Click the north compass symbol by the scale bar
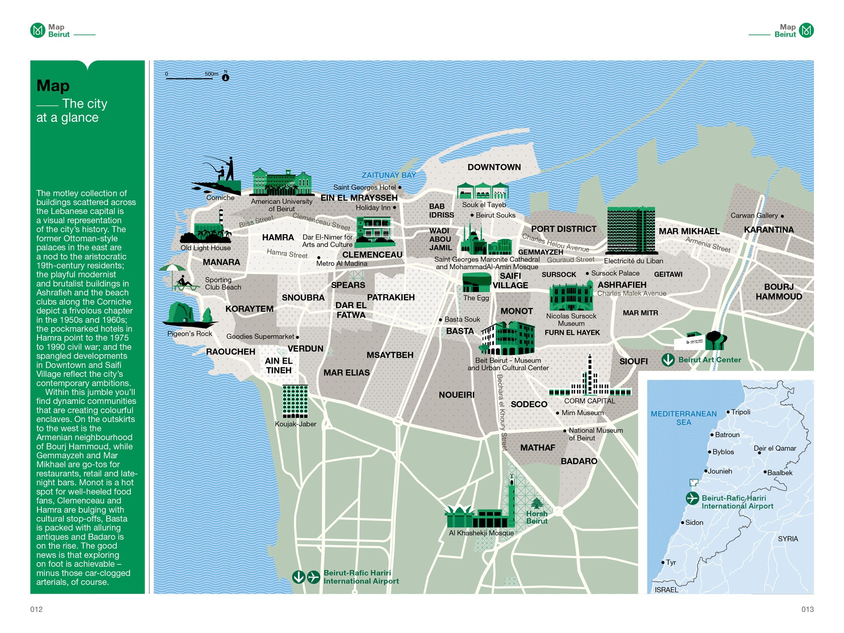click(225, 78)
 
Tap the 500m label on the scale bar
click(211, 74)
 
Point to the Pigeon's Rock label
click(189, 334)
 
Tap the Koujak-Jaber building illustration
click(295, 401)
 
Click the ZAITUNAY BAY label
click(388, 175)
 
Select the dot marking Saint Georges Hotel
click(400, 187)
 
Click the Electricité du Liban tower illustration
click(631, 231)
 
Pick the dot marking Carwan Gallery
click(782, 216)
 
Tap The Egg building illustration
click(476, 282)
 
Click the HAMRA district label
click(278, 237)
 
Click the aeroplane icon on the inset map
click(692, 498)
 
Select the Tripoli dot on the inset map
click(728, 412)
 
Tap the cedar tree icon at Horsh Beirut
click(537, 503)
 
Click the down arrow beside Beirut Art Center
click(668, 360)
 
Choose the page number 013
click(807, 609)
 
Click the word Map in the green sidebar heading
click(53, 86)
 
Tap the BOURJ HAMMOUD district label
click(779, 292)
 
